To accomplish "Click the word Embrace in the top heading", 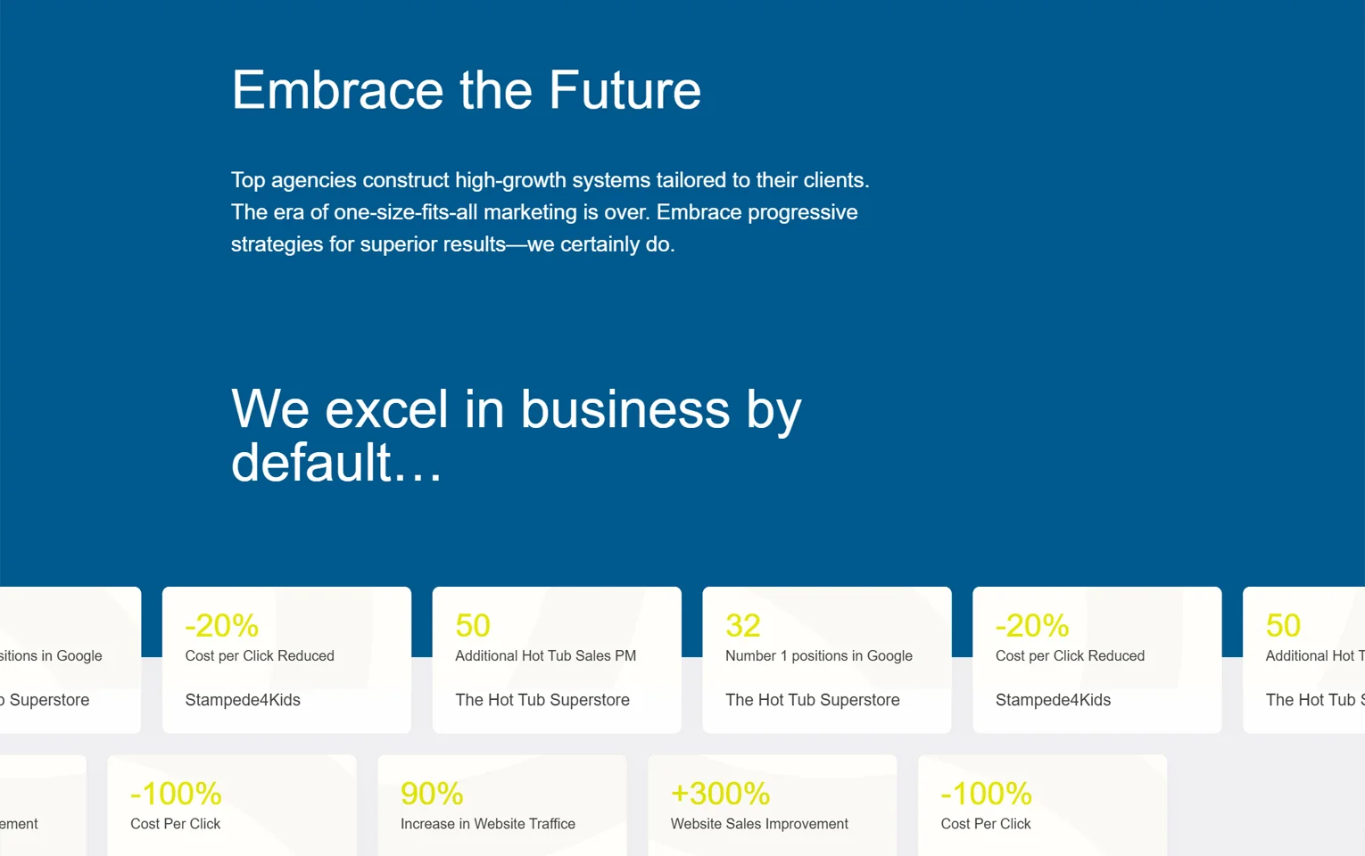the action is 337,89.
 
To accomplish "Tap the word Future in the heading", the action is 625,89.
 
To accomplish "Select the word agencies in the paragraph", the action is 314,181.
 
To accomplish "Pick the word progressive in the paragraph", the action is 803,212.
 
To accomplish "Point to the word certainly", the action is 600,245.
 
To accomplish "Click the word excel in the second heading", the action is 387,409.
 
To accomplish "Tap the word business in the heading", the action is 625,409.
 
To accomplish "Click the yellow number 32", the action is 743,625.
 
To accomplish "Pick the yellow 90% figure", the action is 432,794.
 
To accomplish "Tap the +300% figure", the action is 720,794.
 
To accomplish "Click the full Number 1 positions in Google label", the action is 818,656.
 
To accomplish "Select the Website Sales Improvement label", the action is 759,824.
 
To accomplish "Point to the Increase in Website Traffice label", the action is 487,824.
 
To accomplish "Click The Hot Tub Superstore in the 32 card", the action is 812,700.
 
